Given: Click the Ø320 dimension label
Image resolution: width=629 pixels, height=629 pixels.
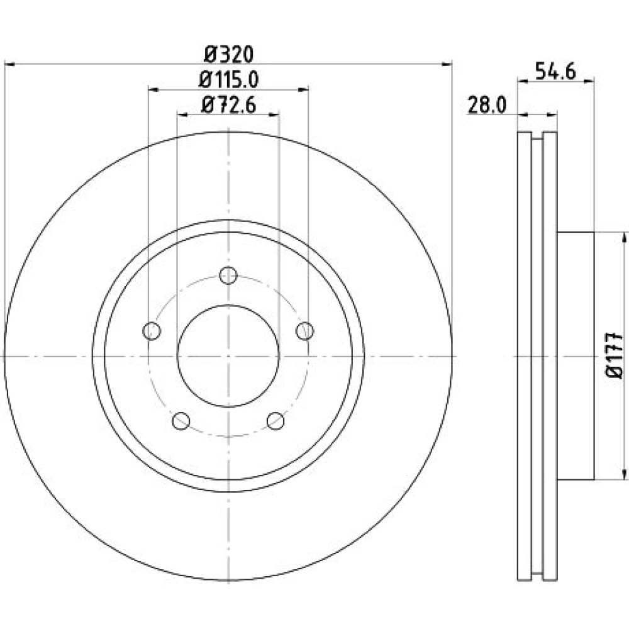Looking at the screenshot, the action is (229, 55).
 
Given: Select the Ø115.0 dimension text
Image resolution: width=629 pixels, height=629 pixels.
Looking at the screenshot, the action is (229, 80).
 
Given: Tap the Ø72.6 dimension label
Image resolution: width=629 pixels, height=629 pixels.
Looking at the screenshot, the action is (229, 106).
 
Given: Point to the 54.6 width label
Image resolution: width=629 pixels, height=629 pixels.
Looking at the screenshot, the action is (555, 72).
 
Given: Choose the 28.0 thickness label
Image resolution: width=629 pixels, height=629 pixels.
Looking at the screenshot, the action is (487, 106).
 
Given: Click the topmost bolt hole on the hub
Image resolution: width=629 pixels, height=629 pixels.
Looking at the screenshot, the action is (228, 276).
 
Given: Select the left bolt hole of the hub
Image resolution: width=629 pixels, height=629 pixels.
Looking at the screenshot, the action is (152, 331).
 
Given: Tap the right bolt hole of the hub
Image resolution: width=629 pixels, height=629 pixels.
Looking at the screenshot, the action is (305, 331).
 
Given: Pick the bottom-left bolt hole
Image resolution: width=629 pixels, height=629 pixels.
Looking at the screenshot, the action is (181, 421).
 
